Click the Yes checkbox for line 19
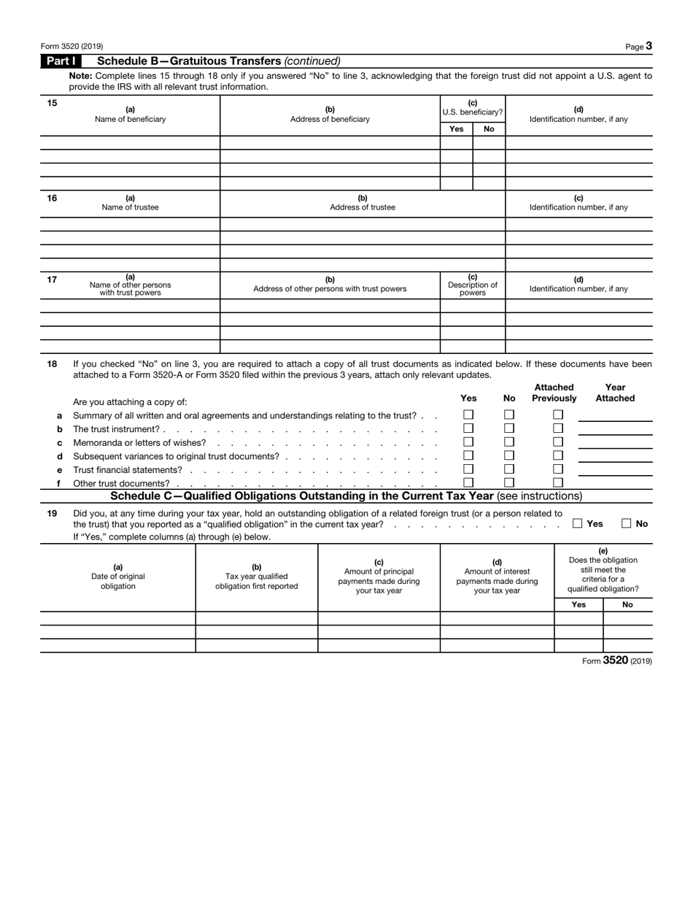pyautogui.click(x=578, y=523)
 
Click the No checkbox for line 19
pyautogui.click(x=627, y=523)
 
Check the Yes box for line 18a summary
pyautogui.click(x=468, y=415)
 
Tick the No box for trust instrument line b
pyautogui.click(x=509, y=428)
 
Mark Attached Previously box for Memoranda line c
pyautogui.click(x=558, y=442)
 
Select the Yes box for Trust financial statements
pyautogui.click(x=468, y=469)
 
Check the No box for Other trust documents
pyautogui.click(x=509, y=482)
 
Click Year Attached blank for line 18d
pyautogui.click(x=615, y=455)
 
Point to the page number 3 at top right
pyautogui.click(x=649, y=46)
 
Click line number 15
pyautogui.click(x=52, y=103)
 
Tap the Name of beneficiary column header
pyautogui.click(x=130, y=115)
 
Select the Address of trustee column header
pyautogui.click(x=363, y=203)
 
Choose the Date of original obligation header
pyautogui.click(x=118, y=577)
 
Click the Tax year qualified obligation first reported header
pyautogui.click(x=257, y=577)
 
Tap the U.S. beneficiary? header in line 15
pyautogui.click(x=473, y=108)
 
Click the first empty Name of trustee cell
pyautogui.click(x=130, y=224)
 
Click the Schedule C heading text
pyautogui.click(x=346, y=496)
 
